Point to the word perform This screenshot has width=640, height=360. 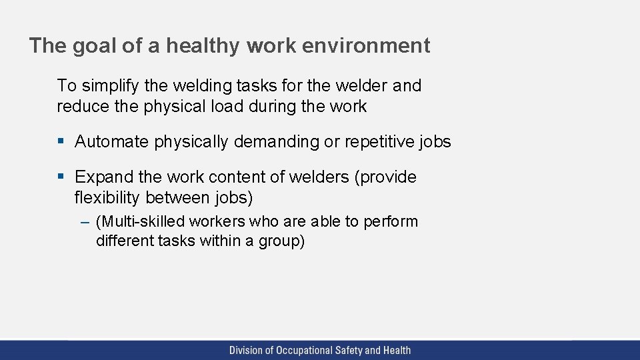(391, 222)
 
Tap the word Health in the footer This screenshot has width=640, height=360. (397, 350)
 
